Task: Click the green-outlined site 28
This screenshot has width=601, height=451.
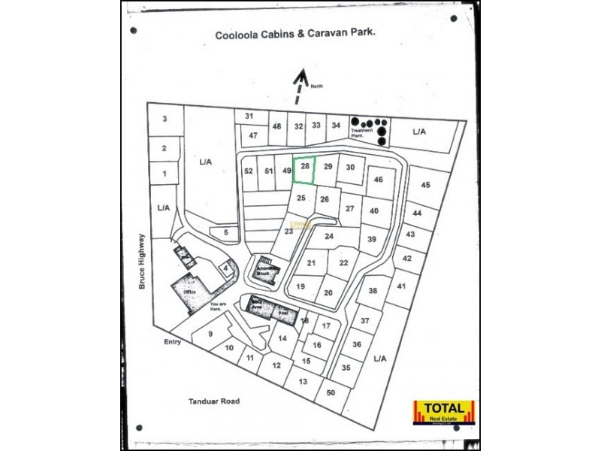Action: (304, 170)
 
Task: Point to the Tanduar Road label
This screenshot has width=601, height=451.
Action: (214, 401)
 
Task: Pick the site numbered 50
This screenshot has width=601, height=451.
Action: (331, 392)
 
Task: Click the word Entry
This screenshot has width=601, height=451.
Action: (173, 342)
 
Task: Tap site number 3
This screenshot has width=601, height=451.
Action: (164, 119)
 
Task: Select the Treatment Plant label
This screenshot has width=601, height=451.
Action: (362, 132)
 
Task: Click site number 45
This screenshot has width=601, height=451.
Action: (425, 185)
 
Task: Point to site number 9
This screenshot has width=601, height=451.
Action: (210, 334)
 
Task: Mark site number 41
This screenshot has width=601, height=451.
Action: (402, 286)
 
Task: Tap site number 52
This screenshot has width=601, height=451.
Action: (249, 171)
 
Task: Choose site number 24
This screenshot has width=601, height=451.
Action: (328, 236)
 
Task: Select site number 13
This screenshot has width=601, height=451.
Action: (303, 381)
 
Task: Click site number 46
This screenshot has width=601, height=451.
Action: (379, 180)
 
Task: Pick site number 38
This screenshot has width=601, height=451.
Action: (372, 291)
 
